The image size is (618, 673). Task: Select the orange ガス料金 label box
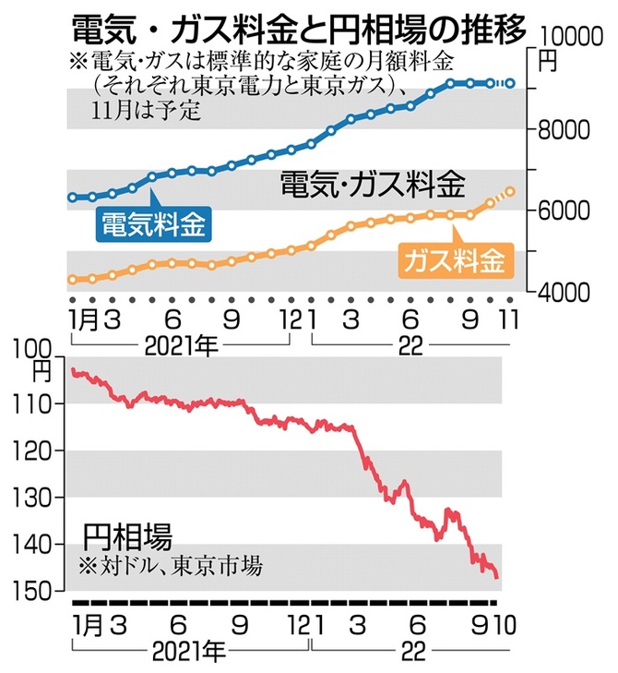coord(454,259)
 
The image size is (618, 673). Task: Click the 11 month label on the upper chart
coord(508,319)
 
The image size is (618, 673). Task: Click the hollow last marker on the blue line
coord(510,84)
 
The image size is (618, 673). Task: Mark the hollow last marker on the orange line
coord(510,191)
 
